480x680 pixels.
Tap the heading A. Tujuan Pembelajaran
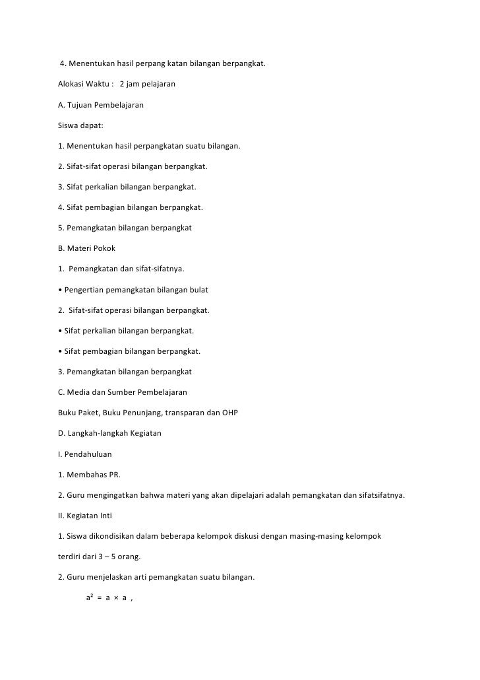point(101,105)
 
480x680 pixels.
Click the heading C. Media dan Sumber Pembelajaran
point(123,392)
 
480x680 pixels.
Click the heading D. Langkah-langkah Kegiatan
point(109,433)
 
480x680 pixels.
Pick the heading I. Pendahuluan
point(85,454)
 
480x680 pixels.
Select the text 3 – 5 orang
point(108,557)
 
